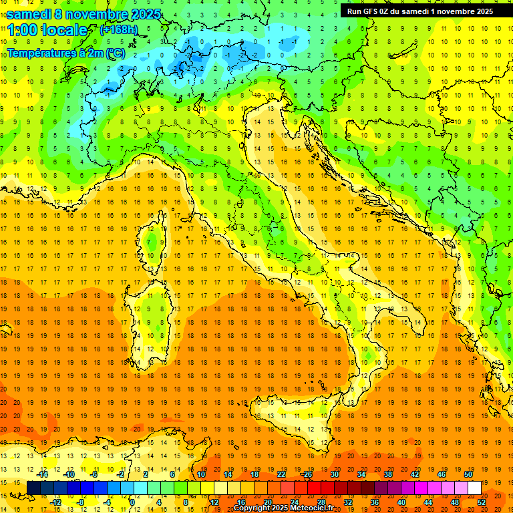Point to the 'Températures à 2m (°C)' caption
pyautogui.click(x=65, y=52)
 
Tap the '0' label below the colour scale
pyautogui.click(x=132, y=502)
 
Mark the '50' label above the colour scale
pyautogui.click(x=468, y=474)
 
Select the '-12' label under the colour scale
pyautogui.click(x=55, y=502)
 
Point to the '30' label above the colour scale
pyautogui.click(x=335, y=474)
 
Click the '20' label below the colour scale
pyautogui.click(x=267, y=502)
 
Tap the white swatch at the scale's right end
pyautogui.click(x=474, y=488)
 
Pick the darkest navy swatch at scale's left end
pyautogui.click(x=33, y=488)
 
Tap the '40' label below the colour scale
pyautogui.click(x=401, y=502)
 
